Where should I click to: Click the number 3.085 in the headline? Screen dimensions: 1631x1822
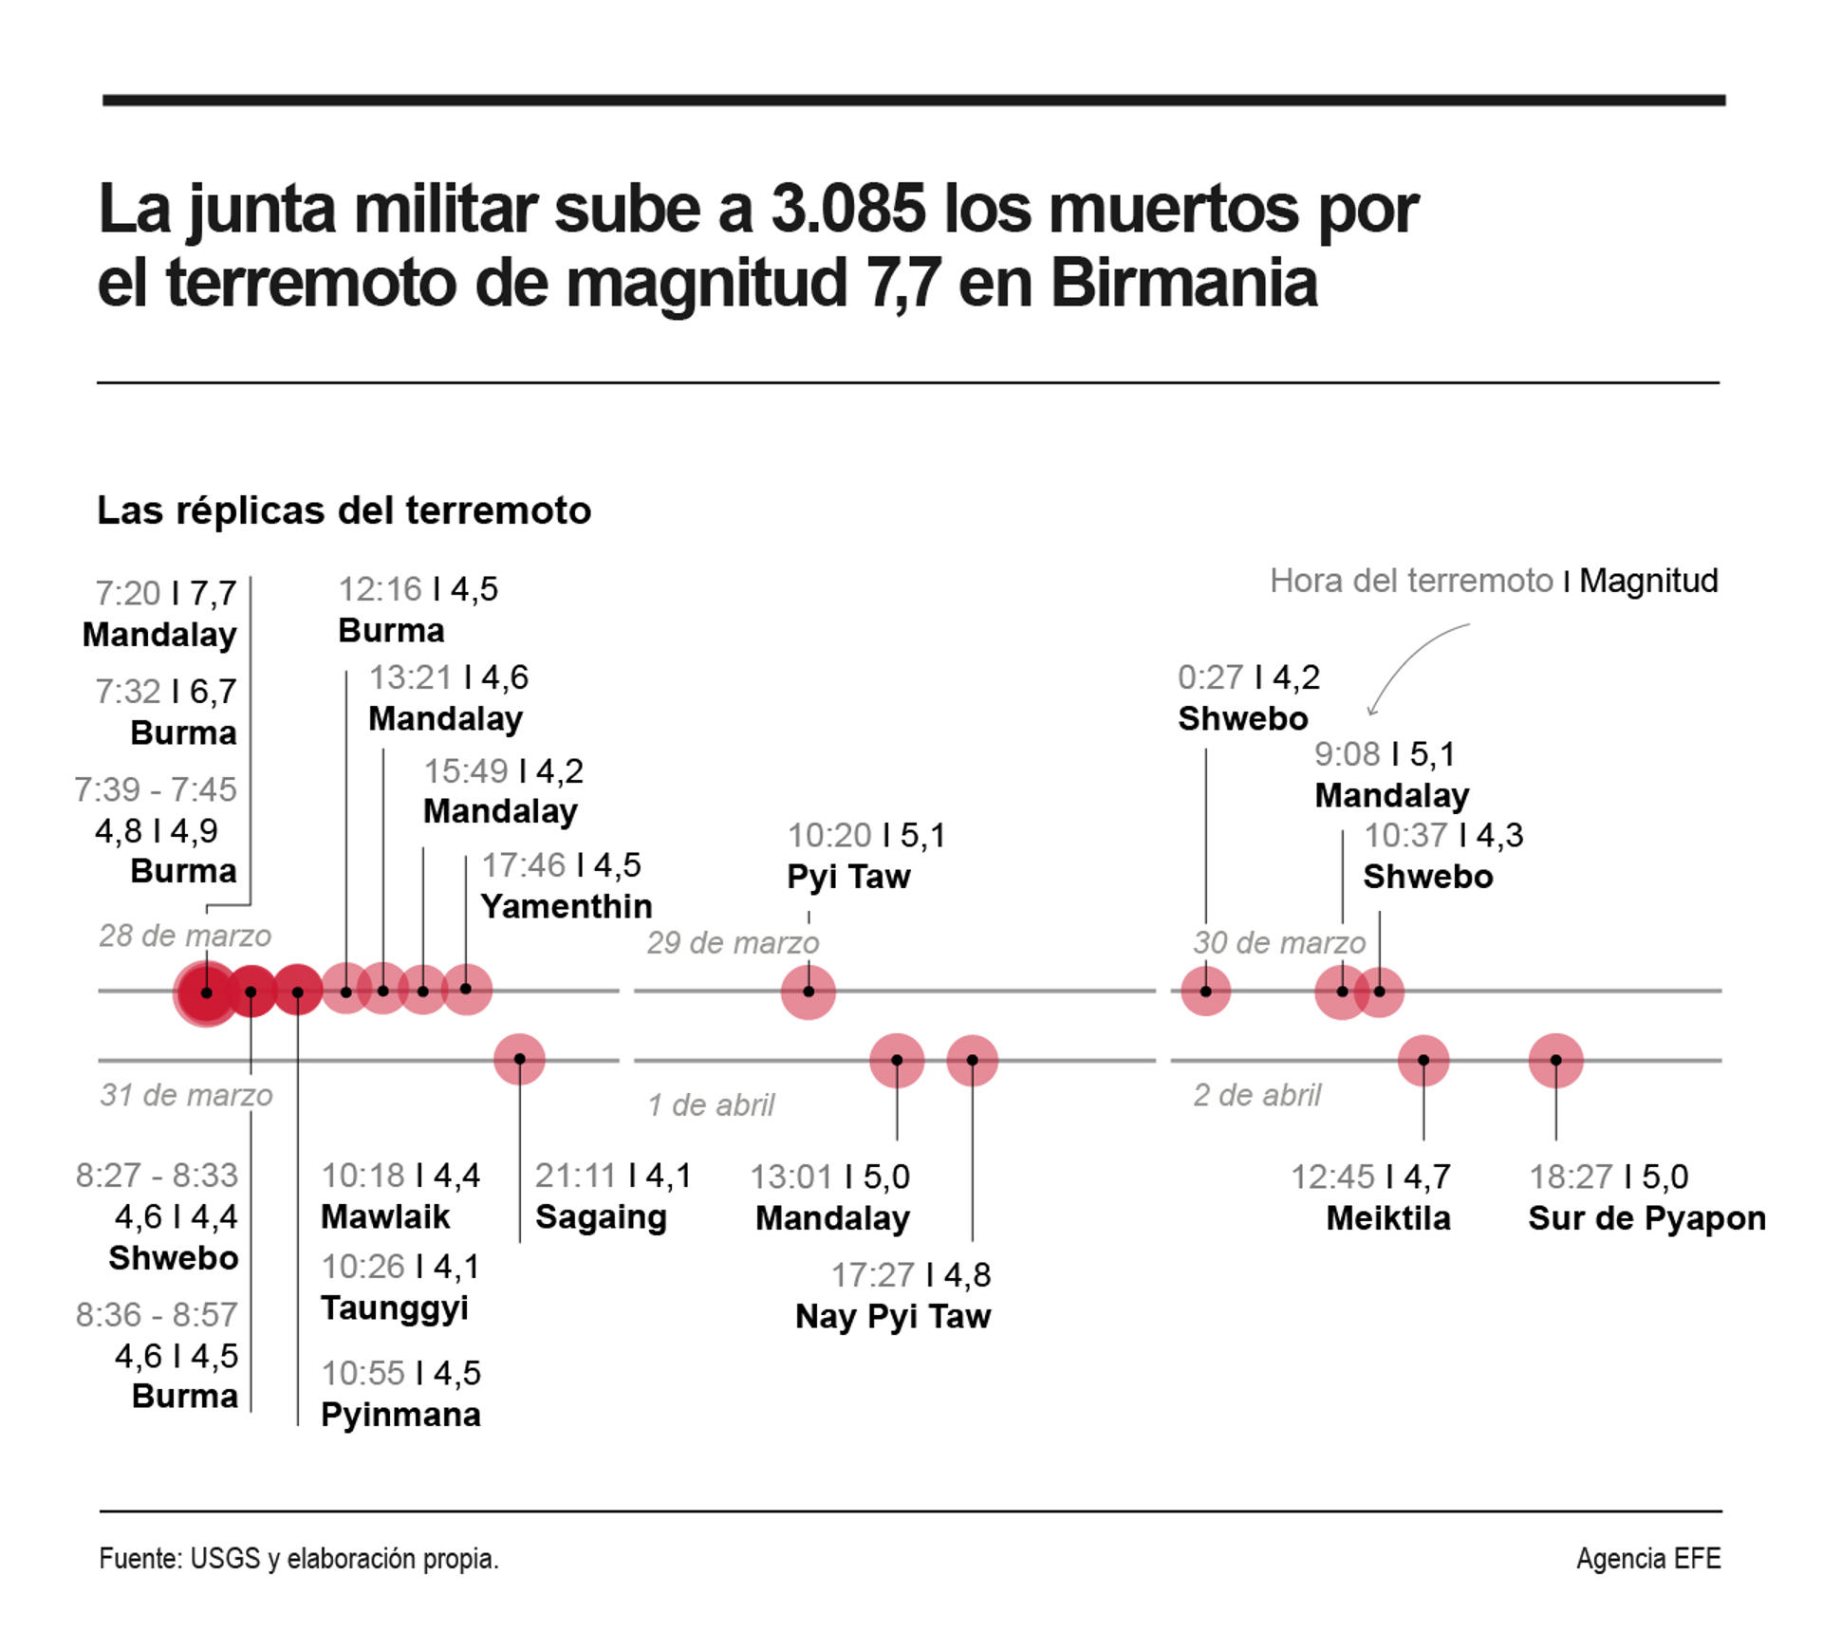(x=846, y=209)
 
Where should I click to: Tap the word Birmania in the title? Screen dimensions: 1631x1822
(x=1183, y=283)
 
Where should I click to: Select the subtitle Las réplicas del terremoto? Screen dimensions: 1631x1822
(x=344, y=510)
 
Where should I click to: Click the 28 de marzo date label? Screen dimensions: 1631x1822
(x=185, y=936)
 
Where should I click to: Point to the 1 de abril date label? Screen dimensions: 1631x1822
(x=711, y=1104)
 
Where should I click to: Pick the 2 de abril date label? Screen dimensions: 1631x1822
(x=1256, y=1095)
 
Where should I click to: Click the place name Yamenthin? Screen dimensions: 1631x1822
(x=566, y=906)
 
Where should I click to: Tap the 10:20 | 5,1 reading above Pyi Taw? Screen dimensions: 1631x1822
(x=865, y=835)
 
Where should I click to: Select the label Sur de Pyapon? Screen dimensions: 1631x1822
(x=1646, y=1217)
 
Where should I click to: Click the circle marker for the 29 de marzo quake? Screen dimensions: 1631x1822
(x=809, y=992)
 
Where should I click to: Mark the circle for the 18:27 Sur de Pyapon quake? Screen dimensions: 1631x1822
(x=1555, y=1060)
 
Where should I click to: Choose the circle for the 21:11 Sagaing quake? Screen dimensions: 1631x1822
(x=519, y=1060)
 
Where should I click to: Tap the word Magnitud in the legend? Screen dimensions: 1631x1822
(x=1648, y=581)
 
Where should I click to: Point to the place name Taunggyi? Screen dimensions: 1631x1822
(x=395, y=1307)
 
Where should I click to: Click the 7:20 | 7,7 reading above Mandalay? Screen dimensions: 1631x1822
(x=165, y=594)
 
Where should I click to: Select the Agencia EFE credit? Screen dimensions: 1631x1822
(x=1647, y=1559)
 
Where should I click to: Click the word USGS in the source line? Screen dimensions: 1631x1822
(x=225, y=1559)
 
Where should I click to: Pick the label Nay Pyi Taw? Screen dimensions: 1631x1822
(x=892, y=1316)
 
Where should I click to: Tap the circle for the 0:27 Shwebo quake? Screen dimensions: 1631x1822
(x=1205, y=992)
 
